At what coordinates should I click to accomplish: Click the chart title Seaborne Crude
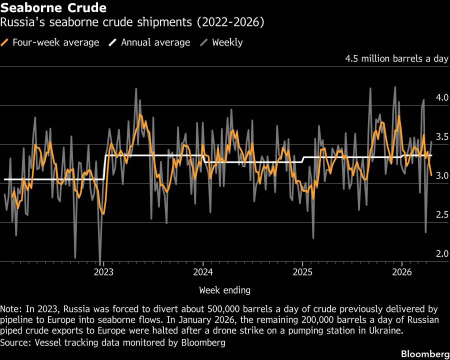tap(53, 8)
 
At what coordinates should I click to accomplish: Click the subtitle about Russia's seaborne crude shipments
tap(132, 22)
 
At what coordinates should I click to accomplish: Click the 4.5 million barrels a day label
tap(396, 58)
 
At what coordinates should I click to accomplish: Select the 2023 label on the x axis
tap(103, 272)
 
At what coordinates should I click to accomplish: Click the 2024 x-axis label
tap(203, 272)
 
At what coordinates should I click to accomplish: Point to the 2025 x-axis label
tap(302, 272)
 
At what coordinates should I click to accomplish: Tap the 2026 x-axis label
tap(402, 272)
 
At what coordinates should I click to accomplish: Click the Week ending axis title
tap(224, 290)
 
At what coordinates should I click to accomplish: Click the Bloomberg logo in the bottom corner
tap(425, 353)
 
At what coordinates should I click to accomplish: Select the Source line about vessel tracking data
tap(112, 342)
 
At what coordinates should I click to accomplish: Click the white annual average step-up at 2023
tap(104, 167)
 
